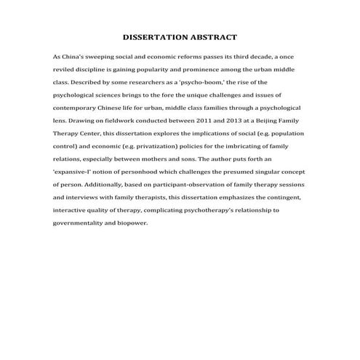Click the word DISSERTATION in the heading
point(155,36)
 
